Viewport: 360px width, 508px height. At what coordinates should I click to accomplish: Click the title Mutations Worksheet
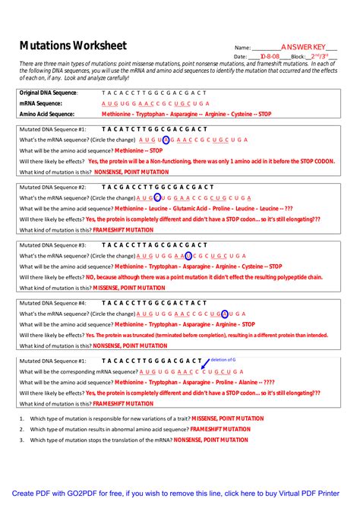pos(73,46)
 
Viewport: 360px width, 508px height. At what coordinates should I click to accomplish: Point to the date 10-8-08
pos(270,57)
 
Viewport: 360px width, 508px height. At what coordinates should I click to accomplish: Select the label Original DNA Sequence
pos(49,93)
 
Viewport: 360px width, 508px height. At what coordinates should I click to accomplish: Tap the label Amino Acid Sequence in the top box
pos(46,114)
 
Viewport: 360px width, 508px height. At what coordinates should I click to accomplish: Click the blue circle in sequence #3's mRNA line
pos(188,256)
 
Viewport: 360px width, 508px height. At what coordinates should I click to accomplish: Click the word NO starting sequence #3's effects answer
pos(90,278)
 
